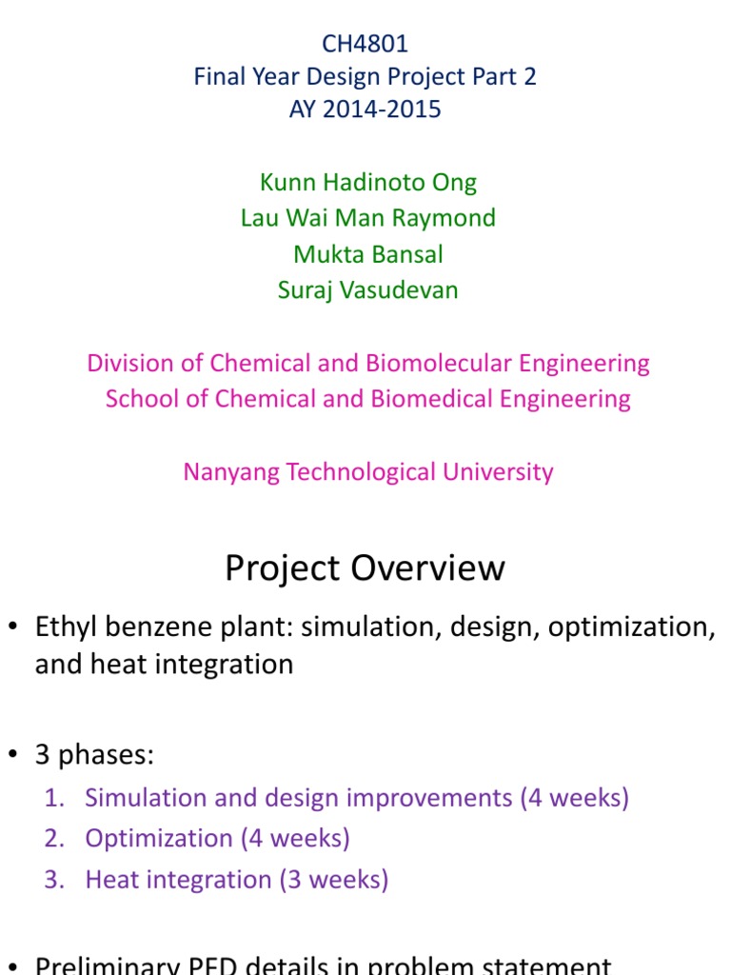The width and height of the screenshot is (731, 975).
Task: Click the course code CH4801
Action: point(365,44)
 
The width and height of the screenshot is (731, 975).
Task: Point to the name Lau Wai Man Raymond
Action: point(368,218)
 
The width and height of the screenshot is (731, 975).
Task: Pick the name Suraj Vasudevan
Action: point(368,290)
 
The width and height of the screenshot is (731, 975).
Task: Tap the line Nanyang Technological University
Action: point(368,471)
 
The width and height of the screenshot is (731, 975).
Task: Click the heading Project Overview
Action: point(365,568)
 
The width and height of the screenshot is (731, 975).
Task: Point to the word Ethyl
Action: point(64,627)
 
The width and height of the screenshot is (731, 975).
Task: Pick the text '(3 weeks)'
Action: point(333,880)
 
